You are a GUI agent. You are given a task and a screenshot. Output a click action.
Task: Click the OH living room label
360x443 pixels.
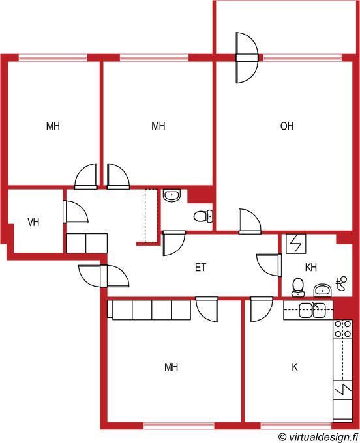(287, 126)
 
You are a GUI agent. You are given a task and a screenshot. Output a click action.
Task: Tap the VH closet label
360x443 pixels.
(33, 222)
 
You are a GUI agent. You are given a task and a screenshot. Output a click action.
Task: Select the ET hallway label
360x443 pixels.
(200, 267)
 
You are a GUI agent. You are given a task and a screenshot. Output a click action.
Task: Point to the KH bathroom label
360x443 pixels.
(311, 267)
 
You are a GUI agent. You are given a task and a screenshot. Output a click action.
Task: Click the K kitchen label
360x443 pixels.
(295, 367)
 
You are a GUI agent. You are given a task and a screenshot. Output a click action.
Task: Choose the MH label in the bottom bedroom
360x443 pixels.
(172, 367)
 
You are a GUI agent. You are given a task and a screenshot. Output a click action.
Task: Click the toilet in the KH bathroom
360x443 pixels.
(298, 287)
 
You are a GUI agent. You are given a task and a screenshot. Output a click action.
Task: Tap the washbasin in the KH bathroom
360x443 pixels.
(322, 291)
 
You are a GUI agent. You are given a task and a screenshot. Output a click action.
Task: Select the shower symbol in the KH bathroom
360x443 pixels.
(341, 283)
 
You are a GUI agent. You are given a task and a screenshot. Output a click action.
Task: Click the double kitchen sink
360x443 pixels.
(312, 310)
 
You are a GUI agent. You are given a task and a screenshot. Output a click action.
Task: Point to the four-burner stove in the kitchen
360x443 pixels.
(343, 329)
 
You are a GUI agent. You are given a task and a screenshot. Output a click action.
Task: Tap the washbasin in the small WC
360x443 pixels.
(172, 196)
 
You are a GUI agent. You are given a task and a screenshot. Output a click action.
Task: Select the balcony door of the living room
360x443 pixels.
(247, 57)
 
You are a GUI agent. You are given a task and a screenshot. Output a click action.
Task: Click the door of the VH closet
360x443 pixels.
(75, 212)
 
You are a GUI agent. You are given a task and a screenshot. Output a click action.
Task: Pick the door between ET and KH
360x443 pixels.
(269, 265)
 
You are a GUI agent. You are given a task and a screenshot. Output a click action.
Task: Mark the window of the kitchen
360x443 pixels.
(296, 425)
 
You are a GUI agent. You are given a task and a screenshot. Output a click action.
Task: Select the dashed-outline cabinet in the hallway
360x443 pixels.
(151, 216)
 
